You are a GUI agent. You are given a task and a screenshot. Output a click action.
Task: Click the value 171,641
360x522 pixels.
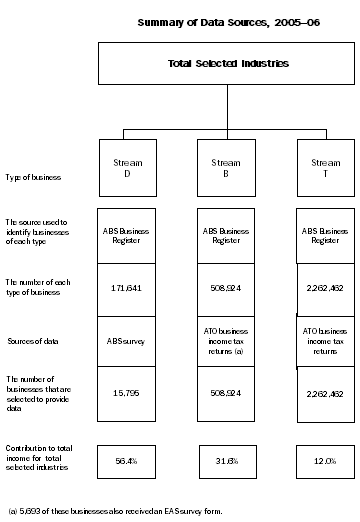click(127, 286)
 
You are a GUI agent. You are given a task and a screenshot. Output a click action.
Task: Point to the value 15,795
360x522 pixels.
click(127, 393)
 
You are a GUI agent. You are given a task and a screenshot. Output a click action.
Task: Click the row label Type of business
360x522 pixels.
click(34, 177)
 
